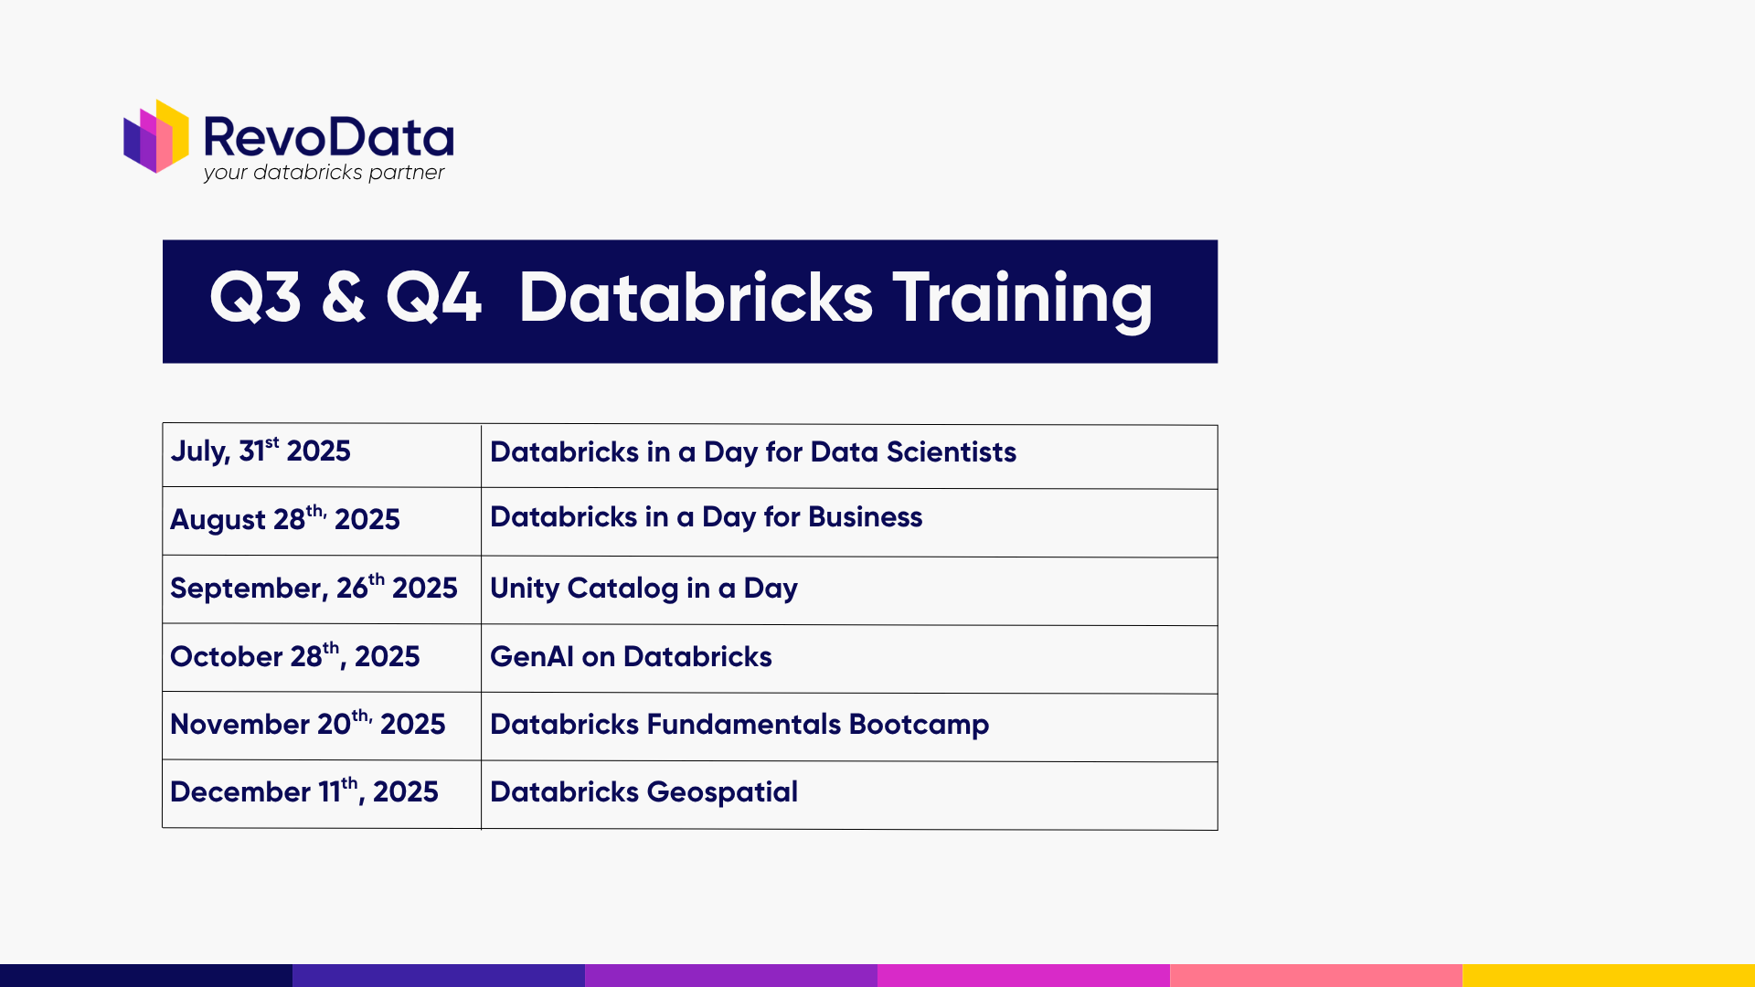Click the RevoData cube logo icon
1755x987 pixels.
tap(156, 137)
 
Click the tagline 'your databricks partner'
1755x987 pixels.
tap(324, 173)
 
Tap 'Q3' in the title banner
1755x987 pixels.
tap(255, 298)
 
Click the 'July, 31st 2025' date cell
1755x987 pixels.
tap(261, 451)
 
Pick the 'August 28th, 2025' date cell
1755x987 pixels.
tap(285, 519)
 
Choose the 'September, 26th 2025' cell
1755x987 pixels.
tap(314, 588)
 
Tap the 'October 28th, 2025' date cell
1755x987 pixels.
tap(294, 656)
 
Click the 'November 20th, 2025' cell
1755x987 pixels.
tap(307, 724)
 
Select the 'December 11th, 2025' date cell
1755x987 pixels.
tap(303, 791)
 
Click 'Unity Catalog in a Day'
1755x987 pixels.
tap(643, 589)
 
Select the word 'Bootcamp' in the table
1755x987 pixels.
tap(919, 725)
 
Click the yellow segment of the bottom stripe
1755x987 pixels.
tap(1609, 975)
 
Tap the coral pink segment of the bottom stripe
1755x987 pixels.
tap(1316, 975)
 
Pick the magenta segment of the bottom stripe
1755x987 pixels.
tap(1024, 975)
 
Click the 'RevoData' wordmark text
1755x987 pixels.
tap(328, 137)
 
